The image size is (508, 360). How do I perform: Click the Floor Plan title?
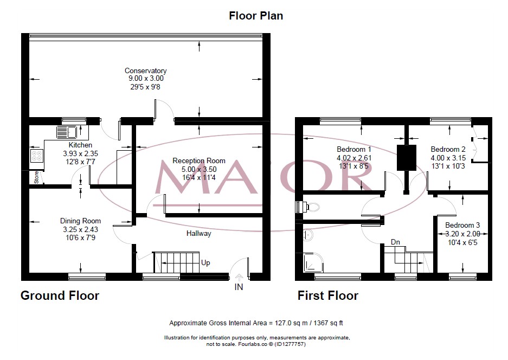point(256,16)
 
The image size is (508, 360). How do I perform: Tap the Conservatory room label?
point(145,70)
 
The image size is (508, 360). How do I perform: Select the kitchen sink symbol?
point(66,132)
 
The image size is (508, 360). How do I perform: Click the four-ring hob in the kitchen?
point(37,156)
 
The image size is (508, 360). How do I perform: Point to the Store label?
point(36,178)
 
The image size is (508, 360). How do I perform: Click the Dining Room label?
point(80,221)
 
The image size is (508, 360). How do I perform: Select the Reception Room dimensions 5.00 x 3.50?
point(199,169)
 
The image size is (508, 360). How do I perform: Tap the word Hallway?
point(198,233)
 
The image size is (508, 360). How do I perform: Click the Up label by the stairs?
point(205,263)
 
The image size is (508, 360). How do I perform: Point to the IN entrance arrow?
point(239,277)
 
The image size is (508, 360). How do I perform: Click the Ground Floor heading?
point(60,295)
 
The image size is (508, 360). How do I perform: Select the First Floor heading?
point(328,295)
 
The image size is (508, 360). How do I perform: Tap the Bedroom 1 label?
point(354,150)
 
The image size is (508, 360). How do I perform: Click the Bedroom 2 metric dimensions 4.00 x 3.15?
point(448,158)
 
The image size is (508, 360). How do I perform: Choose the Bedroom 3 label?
point(462,225)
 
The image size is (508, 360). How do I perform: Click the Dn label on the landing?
point(395,242)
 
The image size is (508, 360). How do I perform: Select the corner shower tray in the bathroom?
point(313,262)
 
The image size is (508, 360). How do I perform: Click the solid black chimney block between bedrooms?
point(406,157)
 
